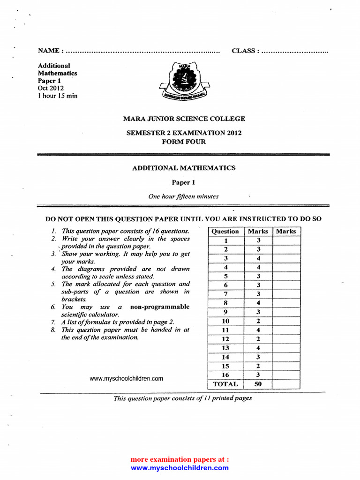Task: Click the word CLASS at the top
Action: [x=244, y=51]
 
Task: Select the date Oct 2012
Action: [x=51, y=88]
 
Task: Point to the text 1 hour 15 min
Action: [x=58, y=96]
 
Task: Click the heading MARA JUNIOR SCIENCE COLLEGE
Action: [x=184, y=119]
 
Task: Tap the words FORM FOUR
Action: [x=184, y=142]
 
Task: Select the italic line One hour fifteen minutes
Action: [x=183, y=196]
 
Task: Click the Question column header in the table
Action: [x=225, y=231]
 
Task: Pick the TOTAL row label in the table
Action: [x=225, y=384]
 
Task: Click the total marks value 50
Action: [x=258, y=384]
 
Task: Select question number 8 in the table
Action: [x=225, y=303]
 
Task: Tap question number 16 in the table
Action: [x=225, y=375]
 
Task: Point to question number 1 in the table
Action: [x=225, y=240]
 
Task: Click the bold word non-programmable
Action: [x=160, y=307]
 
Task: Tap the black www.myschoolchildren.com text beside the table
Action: [x=126, y=378]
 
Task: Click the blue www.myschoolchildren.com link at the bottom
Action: [x=180, y=468]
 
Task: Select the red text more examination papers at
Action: [x=180, y=459]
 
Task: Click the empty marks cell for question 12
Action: [x=286, y=339]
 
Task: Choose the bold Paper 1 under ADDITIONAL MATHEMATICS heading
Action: [x=184, y=182]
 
